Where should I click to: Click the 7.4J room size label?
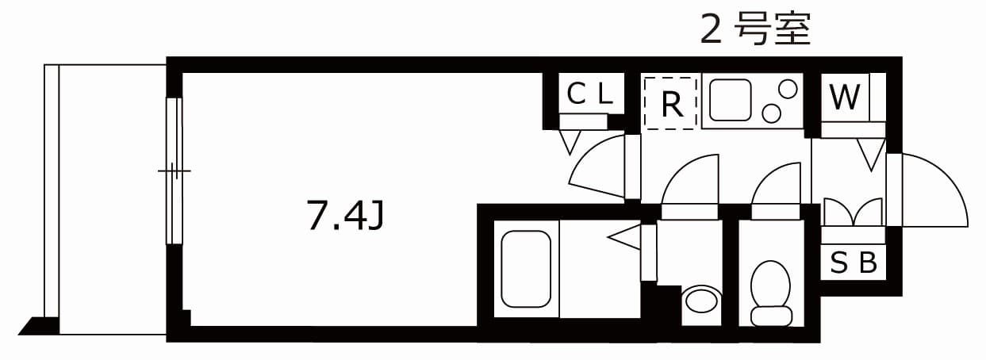[346, 215]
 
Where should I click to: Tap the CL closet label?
[590, 94]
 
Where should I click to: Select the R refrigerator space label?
[672, 105]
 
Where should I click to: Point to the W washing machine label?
[845, 97]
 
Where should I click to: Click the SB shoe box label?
[854, 262]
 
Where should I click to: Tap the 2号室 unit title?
[755, 29]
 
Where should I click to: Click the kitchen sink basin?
[730, 100]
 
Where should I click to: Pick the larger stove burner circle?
[788, 90]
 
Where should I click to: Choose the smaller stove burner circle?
[771, 113]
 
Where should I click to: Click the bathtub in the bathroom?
[526, 269]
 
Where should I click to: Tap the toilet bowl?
[770, 285]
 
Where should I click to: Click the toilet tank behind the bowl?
[771, 316]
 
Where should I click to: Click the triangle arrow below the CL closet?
[570, 142]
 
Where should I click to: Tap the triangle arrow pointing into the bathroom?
[624, 237]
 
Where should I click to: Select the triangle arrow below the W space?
[871, 155]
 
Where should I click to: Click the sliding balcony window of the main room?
[174, 170]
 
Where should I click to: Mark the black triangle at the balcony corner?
[39, 326]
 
